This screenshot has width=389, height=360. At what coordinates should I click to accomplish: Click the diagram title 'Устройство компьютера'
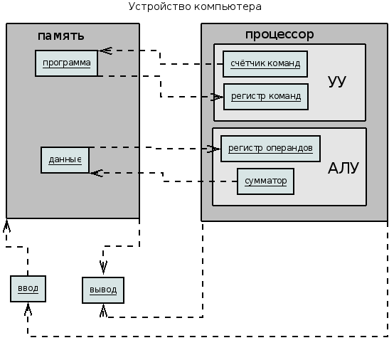point(195,6)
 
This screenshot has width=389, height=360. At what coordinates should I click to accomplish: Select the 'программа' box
point(66,63)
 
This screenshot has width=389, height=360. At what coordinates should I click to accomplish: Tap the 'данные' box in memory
point(65,160)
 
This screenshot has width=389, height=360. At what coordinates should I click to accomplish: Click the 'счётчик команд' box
point(265,64)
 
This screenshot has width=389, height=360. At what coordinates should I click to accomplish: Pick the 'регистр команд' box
point(266,97)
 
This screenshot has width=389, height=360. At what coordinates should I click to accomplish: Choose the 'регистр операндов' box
point(270,149)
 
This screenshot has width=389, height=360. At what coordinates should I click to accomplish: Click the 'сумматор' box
point(265,181)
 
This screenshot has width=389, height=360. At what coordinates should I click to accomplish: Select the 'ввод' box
point(28,289)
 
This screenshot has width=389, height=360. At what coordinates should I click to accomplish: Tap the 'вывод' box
point(103,290)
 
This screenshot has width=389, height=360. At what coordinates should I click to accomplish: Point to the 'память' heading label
point(60,36)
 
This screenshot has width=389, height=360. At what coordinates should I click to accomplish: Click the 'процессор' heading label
point(279,34)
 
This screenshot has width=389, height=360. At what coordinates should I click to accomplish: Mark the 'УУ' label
point(336,81)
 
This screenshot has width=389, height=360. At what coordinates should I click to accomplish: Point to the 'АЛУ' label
point(343,168)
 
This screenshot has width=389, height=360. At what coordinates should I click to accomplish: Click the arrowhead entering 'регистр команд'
point(217,97)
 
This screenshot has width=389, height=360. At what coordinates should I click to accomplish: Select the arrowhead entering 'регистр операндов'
point(214,149)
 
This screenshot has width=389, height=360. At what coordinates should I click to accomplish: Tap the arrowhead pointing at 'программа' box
point(105,51)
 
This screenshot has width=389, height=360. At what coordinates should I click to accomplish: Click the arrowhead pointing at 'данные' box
point(96,173)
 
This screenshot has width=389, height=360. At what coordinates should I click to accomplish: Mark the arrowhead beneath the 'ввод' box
point(28,309)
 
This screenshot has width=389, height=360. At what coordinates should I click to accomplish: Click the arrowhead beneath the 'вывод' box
point(103,310)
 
